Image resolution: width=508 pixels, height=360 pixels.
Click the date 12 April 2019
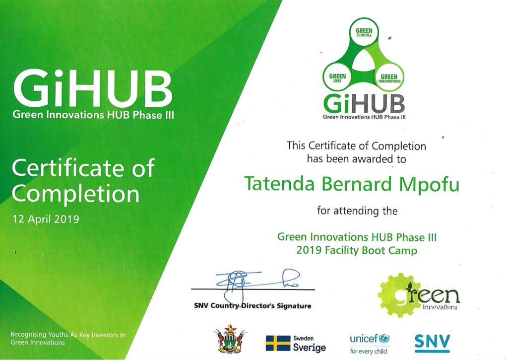[46, 219]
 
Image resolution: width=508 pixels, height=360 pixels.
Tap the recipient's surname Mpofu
[429, 185]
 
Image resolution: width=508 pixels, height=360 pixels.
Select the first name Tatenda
[279, 184]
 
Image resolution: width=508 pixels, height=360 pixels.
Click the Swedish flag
[278, 343]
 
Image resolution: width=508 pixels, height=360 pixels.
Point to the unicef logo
[370, 344]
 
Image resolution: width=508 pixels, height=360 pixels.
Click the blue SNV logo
[432, 343]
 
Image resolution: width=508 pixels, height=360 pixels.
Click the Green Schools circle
[364, 32]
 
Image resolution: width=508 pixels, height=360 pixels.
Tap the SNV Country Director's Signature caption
[253, 306]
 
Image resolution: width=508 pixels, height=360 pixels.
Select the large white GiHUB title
[93, 88]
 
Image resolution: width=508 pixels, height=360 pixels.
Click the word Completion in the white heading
[75, 195]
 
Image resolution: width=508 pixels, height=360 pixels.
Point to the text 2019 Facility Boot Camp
[357, 251]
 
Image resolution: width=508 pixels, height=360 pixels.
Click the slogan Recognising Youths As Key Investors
[67, 335]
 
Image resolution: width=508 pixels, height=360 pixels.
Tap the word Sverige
[310, 348]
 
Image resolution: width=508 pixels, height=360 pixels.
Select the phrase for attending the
[357, 211]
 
